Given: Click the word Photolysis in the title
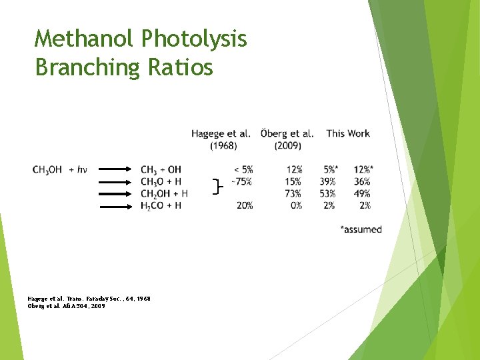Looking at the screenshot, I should pos(195,39).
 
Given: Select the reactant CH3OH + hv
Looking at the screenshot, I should pos(60,169).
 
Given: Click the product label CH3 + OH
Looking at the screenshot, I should pos(161,169).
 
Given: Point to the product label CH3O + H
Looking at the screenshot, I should pos(161,181).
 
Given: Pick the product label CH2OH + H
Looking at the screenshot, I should pos(164,193).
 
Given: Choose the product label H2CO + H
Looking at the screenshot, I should pos(161,205).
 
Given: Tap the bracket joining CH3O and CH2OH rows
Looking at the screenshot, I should pos(216,187).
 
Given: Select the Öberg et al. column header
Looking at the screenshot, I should pos(287,139).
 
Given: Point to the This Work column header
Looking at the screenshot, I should pos(348,133).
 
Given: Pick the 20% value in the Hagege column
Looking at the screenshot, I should pos(244,205).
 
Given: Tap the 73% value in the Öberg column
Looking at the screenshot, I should pos(293,193).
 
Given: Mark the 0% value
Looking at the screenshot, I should pos(295,205).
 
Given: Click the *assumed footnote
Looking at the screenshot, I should pos(361,229).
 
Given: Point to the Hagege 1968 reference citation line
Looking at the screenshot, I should pos(89,299).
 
